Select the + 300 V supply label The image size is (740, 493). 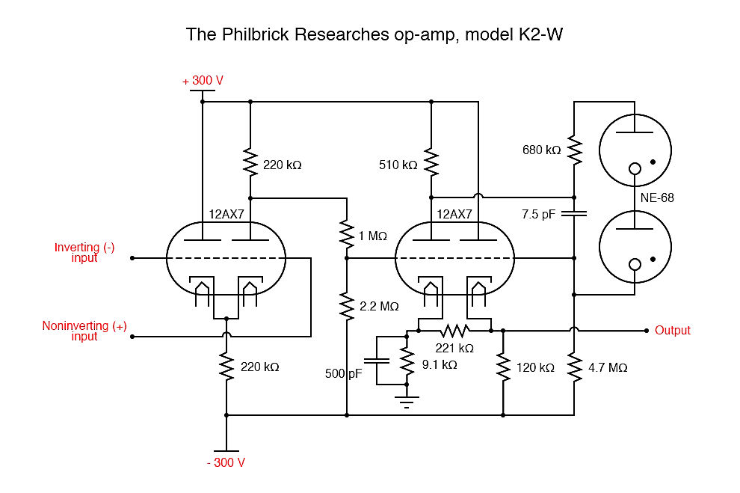click(203, 81)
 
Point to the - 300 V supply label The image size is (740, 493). click(226, 462)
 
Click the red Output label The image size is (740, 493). click(673, 330)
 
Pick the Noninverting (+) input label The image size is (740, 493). click(84, 331)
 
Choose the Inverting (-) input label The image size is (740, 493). click(84, 253)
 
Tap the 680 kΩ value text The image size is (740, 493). click(542, 150)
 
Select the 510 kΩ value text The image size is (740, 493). click(398, 165)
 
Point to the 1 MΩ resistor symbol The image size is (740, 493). click(347, 233)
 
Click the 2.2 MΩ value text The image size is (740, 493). click(380, 306)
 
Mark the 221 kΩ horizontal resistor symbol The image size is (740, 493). click(454, 330)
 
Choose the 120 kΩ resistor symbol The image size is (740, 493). click(502, 367)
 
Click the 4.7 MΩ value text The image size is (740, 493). click(608, 367)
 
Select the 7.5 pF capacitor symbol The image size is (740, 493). click(574, 213)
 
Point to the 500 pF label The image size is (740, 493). click(343, 373)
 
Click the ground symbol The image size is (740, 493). click(407, 403)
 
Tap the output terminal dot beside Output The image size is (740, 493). click(645, 330)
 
